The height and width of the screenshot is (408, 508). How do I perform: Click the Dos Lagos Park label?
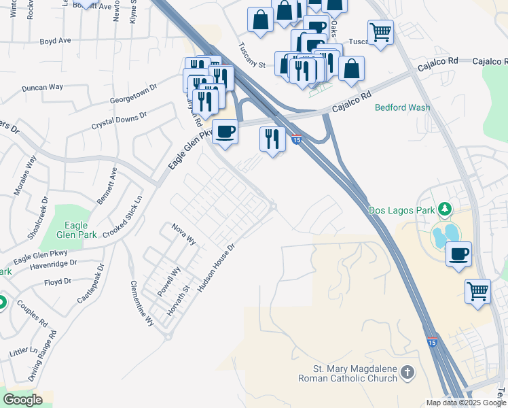[401, 211]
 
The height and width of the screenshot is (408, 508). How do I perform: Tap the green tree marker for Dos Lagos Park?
[445, 208]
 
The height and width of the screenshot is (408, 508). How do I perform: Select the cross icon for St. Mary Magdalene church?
[407, 372]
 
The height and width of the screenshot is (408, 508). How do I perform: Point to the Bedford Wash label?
[401, 107]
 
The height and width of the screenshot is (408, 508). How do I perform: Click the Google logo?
[22, 401]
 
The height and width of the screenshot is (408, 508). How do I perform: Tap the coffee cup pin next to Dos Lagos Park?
[459, 254]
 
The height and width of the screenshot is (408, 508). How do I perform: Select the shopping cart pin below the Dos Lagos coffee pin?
[477, 291]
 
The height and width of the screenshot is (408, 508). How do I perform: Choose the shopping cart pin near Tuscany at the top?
[380, 31]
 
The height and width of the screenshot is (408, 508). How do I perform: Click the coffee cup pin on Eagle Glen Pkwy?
[225, 131]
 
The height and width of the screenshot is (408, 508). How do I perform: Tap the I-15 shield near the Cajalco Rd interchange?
[297, 139]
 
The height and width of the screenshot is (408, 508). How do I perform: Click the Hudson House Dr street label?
[216, 269]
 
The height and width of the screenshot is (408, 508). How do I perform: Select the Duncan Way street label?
[42, 88]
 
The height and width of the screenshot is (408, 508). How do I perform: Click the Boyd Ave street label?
[56, 41]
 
